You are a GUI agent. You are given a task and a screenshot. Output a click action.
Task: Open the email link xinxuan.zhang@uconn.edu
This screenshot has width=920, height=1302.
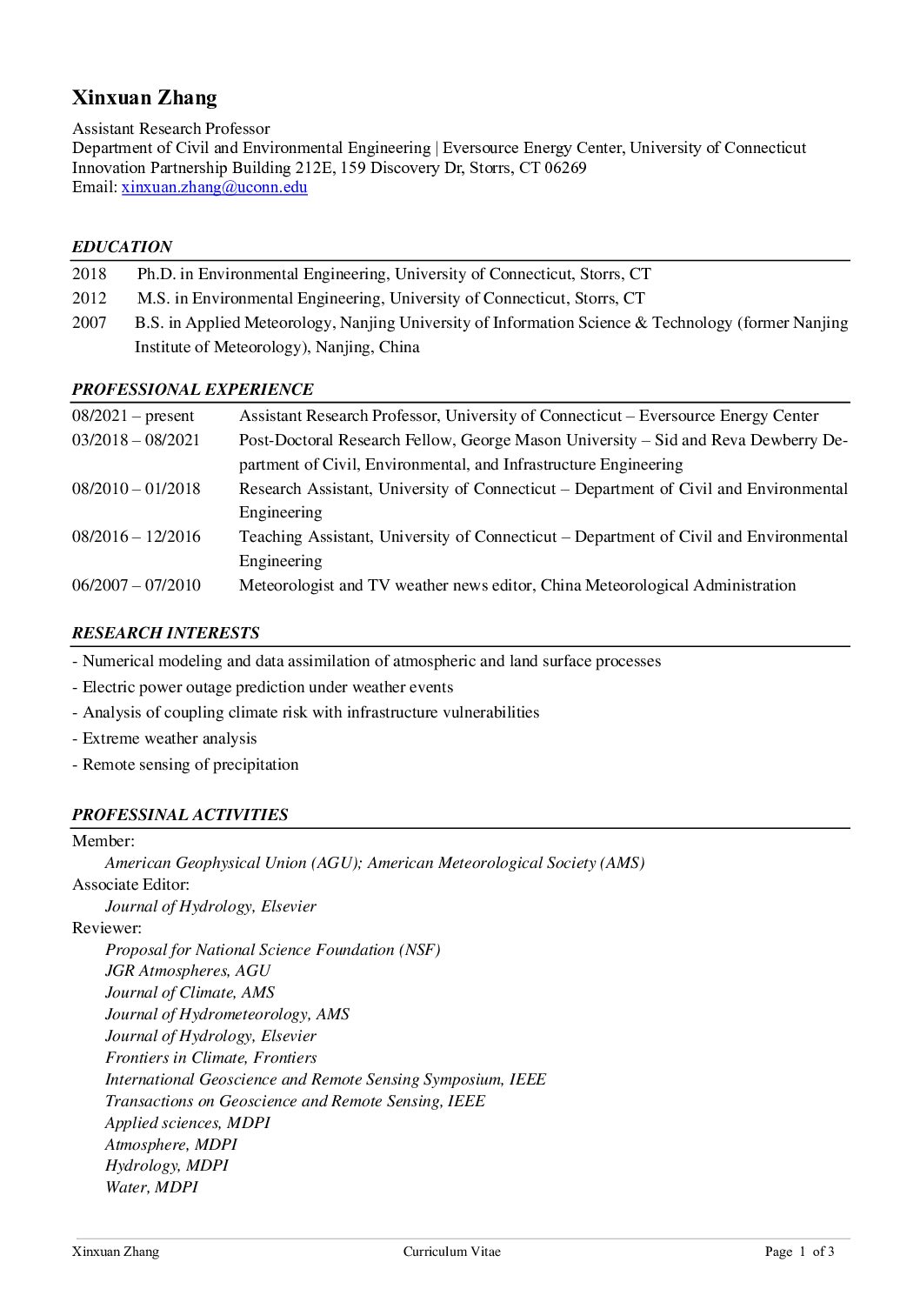pos(214,187)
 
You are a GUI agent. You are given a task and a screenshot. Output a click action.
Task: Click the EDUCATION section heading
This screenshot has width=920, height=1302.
pos(122,247)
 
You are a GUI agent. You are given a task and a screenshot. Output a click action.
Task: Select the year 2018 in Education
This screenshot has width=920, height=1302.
pos(89,274)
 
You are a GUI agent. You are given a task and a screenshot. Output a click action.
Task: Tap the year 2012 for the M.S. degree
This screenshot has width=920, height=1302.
pos(89,298)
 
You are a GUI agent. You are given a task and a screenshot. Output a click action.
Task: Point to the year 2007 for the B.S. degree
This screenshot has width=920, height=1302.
pos(89,323)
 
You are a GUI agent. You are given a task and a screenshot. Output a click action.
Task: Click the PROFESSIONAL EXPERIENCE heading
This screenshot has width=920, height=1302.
pos(192,390)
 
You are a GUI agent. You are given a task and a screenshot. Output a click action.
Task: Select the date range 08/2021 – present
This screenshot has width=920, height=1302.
pos(133,416)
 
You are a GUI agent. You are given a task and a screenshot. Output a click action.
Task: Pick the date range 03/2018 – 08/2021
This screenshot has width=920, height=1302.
pos(136,440)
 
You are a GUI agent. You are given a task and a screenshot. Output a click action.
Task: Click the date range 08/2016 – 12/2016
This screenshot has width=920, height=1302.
pos(136,537)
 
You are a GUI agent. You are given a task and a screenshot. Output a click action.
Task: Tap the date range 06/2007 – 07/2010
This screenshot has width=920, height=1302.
pos(136,585)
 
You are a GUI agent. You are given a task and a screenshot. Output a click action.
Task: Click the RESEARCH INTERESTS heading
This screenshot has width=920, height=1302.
pos(165,633)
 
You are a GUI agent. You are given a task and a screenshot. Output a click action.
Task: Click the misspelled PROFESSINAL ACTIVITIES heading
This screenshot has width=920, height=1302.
pos(180,815)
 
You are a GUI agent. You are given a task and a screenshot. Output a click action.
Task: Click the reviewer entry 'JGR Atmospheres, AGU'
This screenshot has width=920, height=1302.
pos(187,971)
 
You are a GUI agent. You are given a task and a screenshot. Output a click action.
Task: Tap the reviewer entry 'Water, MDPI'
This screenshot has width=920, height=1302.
pos(151,1186)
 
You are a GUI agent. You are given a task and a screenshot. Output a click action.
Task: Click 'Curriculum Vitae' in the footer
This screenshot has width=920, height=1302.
pos(451,1252)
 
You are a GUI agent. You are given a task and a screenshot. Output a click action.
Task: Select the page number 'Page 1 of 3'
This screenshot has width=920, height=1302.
pos(799,1252)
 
